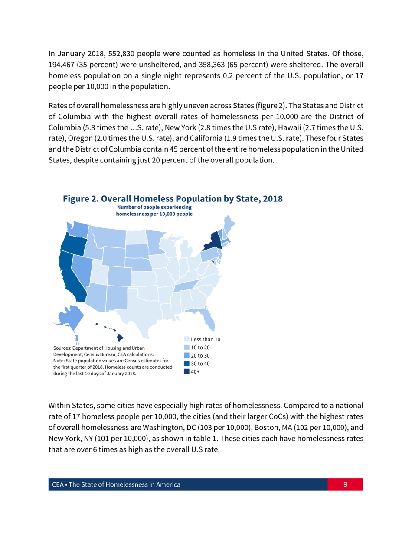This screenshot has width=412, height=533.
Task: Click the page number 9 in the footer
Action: tap(345, 484)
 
